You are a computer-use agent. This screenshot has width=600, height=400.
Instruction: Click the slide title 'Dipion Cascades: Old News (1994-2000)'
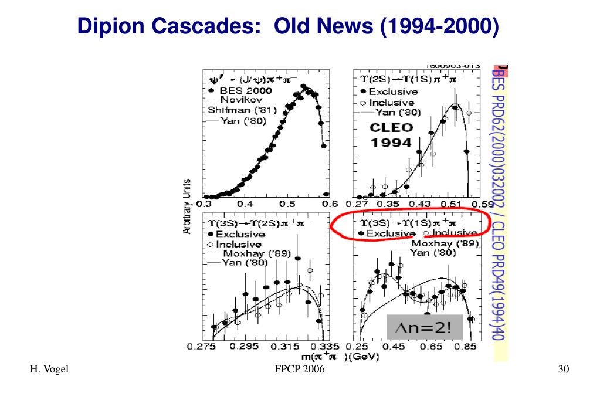[289, 26]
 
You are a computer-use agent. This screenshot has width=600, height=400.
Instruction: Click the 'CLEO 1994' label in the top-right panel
[391, 134]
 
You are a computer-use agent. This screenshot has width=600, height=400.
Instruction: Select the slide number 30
[564, 369]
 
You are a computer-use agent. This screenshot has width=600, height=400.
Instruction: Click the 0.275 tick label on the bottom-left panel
[201, 347]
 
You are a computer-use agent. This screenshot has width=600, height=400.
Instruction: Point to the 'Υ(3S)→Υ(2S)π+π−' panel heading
[256, 223]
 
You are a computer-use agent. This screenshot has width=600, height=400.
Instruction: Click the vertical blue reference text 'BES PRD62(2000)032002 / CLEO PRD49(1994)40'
[499, 202]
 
